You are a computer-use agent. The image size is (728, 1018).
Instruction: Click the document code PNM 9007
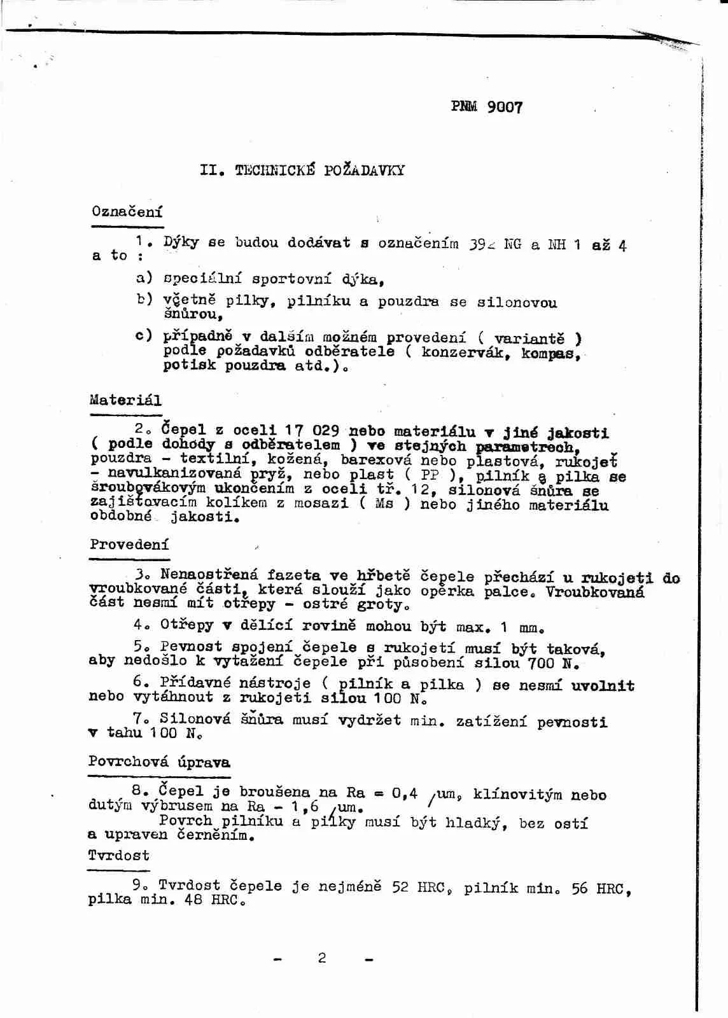tap(487, 107)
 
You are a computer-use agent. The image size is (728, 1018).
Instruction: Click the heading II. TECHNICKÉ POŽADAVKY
tap(302, 170)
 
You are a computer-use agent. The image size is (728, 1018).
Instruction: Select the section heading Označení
tap(127, 211)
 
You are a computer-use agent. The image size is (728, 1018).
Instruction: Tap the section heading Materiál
tap(125, 400)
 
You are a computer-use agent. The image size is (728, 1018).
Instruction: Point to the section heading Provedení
tap(129, 545)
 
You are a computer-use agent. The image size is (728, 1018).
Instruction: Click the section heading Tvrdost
tap(119, 855)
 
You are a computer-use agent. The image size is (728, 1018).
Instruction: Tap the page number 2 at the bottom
tap(322, 958)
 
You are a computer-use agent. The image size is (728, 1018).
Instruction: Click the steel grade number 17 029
tap(312, 431)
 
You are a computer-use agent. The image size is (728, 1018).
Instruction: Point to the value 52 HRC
tap(419, 887)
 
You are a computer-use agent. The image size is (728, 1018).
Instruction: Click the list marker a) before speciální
tap(144, 277)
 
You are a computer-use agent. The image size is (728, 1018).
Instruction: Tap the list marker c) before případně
tap(144, 335)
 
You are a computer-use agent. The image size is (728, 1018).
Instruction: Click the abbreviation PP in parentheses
tap(430, 475)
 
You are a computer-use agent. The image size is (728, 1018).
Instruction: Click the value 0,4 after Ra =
tap(404, 793)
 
